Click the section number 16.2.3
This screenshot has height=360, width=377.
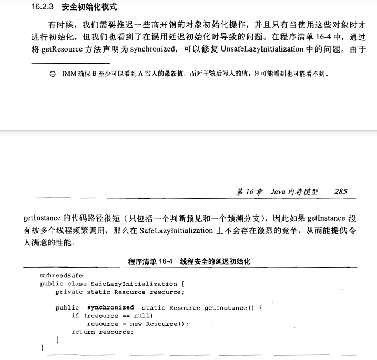43,7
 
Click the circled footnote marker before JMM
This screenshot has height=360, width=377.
52,75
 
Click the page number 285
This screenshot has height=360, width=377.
340,192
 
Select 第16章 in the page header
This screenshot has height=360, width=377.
250,192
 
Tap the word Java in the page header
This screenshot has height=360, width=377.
278,192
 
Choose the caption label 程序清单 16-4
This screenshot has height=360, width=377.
150,261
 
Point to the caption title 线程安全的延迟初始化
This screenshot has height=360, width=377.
216,261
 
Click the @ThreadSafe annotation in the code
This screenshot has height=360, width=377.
61,275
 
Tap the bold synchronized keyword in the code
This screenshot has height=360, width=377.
110,307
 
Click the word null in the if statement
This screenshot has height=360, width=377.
142,316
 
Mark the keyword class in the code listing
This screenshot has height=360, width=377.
77,284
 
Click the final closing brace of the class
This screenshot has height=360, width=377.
42,348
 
